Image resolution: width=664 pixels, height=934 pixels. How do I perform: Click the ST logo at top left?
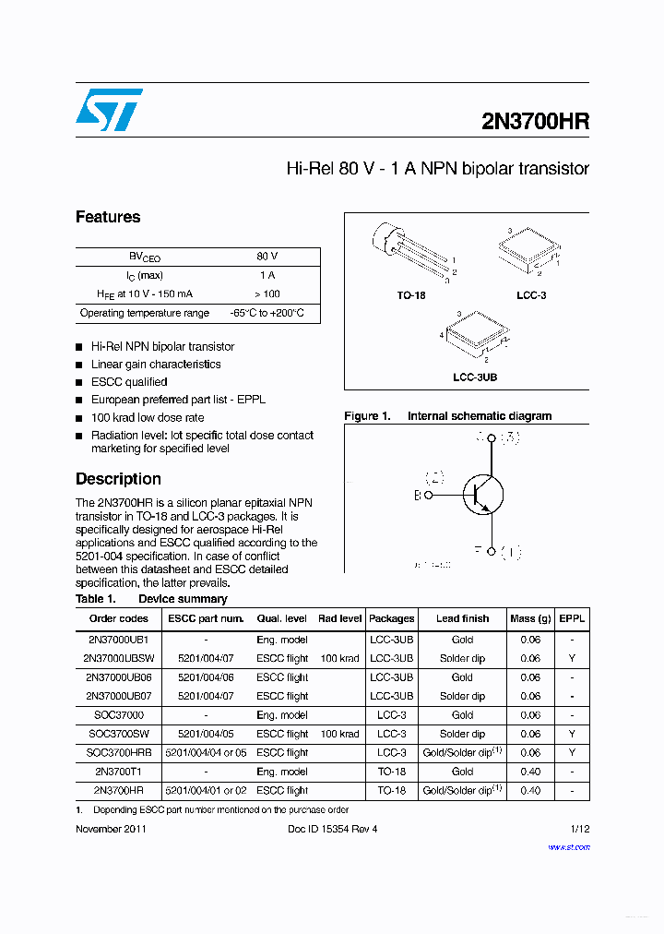click(x=109, y=110)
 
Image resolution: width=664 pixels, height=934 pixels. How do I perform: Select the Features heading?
click(x=108, y=218)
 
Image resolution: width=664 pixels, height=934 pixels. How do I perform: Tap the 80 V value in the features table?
click(x=267, y=257)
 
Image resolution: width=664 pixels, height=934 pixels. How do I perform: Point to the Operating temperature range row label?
click(x=145, y=313)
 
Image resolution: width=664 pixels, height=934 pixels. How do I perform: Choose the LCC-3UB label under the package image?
click(x=475, y=377)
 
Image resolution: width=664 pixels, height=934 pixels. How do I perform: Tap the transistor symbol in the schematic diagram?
click(x=482, y=494)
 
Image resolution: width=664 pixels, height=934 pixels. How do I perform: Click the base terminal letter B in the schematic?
click(x=417, y=496)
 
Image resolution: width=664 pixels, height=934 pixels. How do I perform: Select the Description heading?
click(x=118, y=479)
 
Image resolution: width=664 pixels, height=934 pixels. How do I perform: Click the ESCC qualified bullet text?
click(x=129, y=382)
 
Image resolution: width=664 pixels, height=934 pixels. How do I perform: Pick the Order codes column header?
click(x=118, y=618)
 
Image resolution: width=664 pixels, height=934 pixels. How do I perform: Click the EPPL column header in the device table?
click(x=572, y=618)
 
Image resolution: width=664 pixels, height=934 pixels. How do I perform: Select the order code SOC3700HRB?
click(x=118, y=753)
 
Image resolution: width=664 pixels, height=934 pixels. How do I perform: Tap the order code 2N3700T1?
click(x=118, y=772)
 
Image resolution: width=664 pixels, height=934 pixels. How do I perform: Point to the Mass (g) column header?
click(x=530, y=618)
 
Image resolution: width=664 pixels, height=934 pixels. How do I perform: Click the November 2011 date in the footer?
click(x=111, y=829)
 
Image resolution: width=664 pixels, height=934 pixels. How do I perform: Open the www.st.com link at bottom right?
click(x=568, y=846)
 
